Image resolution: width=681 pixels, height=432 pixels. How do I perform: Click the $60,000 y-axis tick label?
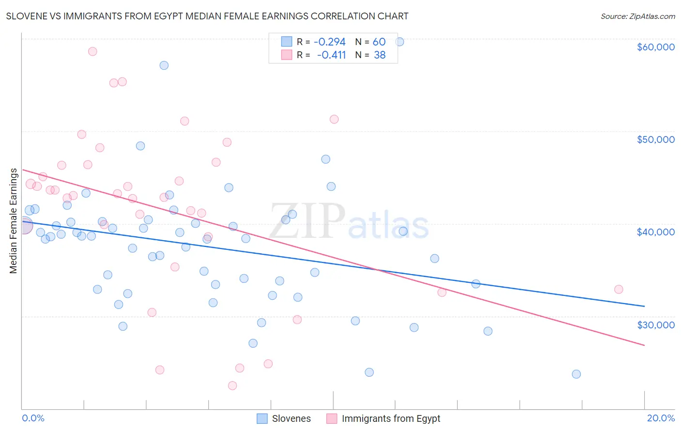[x=655, y=47]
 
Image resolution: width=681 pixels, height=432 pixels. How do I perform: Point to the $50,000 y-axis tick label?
[x=655, y=139]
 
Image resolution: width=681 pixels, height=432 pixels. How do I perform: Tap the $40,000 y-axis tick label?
[x=655, y=232]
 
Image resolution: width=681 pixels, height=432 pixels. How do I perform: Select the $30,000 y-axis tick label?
[x=655, y=325]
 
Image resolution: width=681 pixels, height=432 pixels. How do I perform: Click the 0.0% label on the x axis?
[x=33, y=418]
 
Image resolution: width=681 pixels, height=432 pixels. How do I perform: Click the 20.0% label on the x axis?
[x=661, y=418]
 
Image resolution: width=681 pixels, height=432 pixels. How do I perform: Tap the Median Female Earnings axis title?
[x=14, y=221]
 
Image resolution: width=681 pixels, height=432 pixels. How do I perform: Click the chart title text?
[x=207, y=16]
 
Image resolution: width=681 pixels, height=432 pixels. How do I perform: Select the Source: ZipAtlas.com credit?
[x=637, y=16]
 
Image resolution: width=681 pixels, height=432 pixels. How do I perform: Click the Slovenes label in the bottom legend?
[x=291, y=419]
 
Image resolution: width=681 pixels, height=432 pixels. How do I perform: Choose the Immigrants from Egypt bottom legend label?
[x=391, y=419]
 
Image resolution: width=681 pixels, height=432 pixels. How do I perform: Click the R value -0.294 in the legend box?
[x=329, y=42]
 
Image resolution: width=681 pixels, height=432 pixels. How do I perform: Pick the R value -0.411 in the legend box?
[x=331, y=55]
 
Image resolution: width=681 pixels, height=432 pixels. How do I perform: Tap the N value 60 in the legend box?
[x=379, y=42]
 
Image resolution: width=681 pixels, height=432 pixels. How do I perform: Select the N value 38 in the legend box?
[x=380, y=55]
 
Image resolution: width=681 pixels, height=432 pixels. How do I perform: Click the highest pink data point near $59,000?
[x=93, y=51]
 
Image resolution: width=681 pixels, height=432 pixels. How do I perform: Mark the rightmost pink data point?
[x=619, y=289]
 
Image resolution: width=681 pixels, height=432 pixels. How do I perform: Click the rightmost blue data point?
[x=576, y=374]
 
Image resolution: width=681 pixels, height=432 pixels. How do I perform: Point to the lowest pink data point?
[x=232, y=386]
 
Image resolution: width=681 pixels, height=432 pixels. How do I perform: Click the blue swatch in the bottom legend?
[x=262, y=419]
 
